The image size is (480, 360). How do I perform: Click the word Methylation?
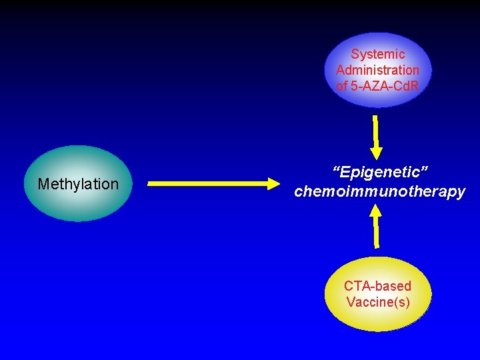[x=78, y=184]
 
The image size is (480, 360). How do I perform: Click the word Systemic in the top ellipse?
[x=378, y=54]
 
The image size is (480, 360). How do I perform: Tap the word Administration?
[x=378, y=70]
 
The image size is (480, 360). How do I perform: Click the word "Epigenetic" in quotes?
[x=380, y=173]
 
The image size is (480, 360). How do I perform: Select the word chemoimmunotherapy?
[x=380, y=192]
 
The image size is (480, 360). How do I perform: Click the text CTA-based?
[x=377, y=286]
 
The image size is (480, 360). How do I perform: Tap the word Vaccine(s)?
[x=378, y=302]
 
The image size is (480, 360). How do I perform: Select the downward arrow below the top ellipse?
[x=376, y=133]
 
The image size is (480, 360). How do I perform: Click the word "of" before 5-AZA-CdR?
[x=342, y=85]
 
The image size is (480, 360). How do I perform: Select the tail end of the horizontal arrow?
[x=151, y=183]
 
